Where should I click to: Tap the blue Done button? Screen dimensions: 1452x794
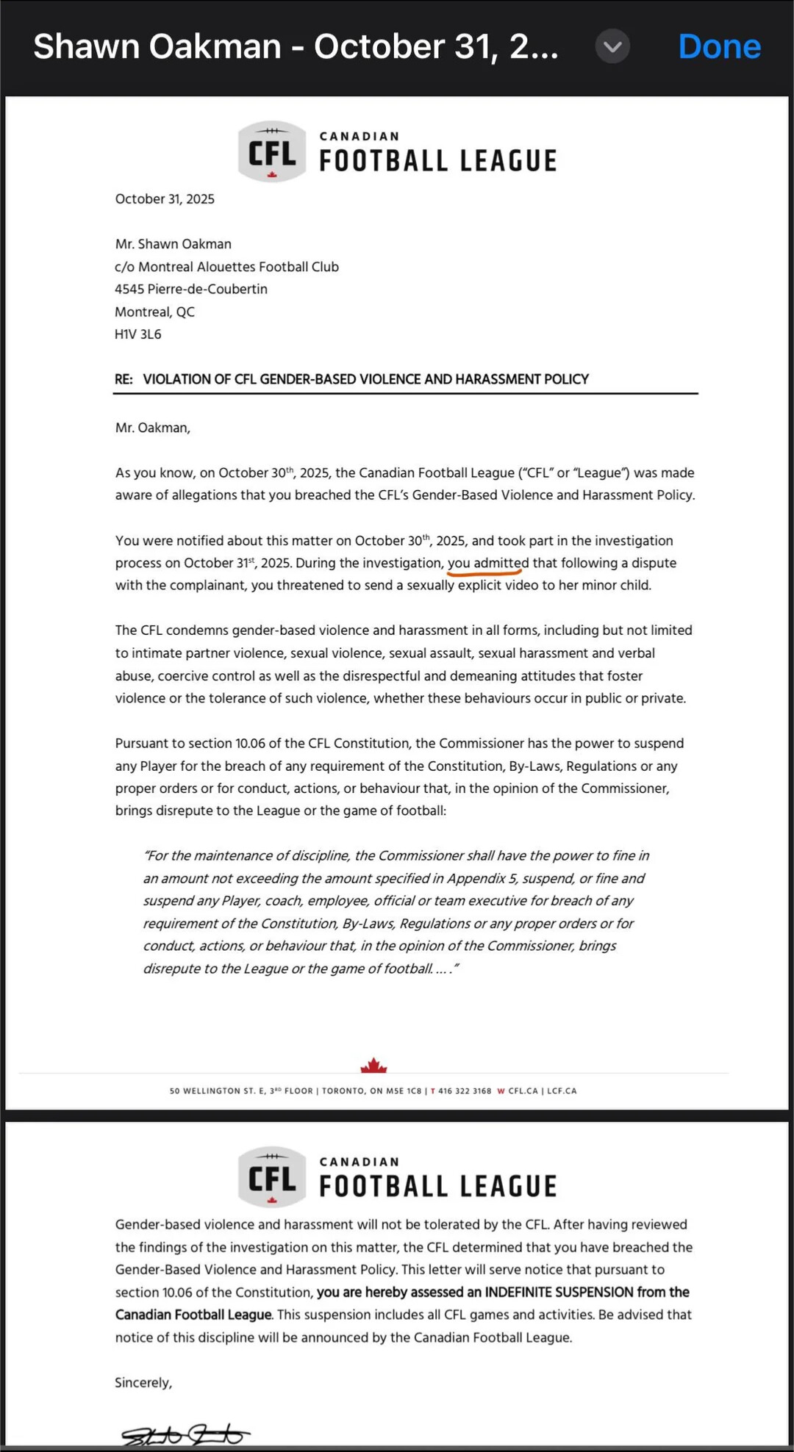(x=719, y=46)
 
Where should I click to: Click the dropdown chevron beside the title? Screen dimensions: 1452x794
(x=612, y=46)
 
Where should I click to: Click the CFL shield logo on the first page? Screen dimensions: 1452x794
(x=272, y=151)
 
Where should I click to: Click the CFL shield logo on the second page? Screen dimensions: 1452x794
(x=272, y=1176)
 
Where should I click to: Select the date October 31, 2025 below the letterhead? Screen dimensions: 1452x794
(x=165, y=199)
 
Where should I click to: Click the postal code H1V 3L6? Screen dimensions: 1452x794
(x=138, y=334)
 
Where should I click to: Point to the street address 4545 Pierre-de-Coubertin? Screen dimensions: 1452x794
(x=191, y=289)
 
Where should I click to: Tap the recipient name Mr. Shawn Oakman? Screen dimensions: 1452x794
(x=174, y=244)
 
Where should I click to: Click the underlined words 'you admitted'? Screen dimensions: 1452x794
(x=487, y=563)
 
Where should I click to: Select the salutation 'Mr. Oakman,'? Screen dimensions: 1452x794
(x=153, y=428)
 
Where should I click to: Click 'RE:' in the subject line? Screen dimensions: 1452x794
(x=124, y=379)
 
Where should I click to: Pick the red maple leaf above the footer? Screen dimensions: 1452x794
(x=373, y=1065)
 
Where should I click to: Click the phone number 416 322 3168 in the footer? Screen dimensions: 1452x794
(x=465, y=1091)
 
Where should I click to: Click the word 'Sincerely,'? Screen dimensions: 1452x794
(x=143, y=1382)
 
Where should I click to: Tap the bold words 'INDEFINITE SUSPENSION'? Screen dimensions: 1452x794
(x=559, y=1292)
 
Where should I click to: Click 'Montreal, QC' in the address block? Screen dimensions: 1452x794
(x=155, y=312)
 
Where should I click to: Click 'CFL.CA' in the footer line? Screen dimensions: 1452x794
(x=523, y=1091)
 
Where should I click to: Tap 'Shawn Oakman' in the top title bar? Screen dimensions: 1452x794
(x=157, y=46)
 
